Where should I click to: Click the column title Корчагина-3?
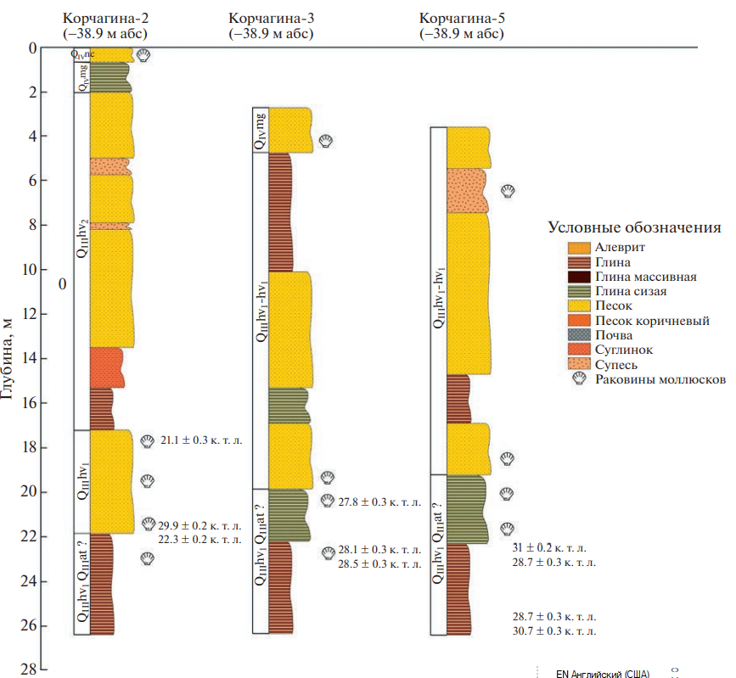click(x=271, y=18)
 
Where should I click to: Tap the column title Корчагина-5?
click(x=460, y=18)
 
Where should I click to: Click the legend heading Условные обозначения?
click(x=634, y=227)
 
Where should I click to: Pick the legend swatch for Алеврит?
click(x=579, y=248)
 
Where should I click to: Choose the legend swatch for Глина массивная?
click(x=579, y=277)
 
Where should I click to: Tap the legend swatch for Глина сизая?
click(x=579, y=291)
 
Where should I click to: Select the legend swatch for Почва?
click(x=579, y=335)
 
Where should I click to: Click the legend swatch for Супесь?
click(x=579, y=365)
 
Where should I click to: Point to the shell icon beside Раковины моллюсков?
click(x=579, y=379)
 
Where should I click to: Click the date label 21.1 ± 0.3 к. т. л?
click(x=200, y=440)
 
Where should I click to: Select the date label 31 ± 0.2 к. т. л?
click(x=548, y=548)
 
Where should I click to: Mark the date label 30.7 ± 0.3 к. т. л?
click(x=553, y=630)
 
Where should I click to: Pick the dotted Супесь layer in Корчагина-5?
click(x=466, y=191)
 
